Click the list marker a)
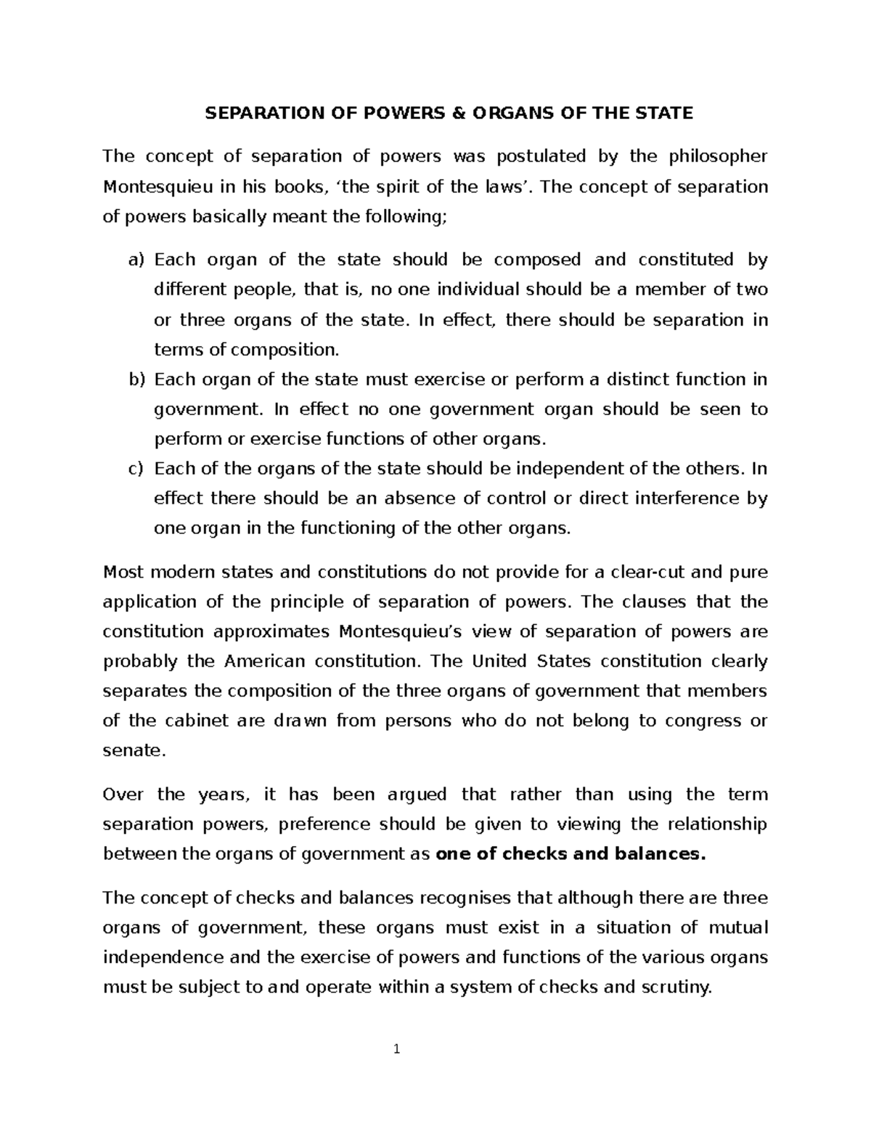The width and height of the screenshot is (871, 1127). [x=137, y=260]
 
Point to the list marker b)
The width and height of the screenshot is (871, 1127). [x=137, y=380]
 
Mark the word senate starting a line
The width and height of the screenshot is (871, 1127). [x=134, y=751]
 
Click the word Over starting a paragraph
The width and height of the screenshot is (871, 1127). [x=124, y=795]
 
